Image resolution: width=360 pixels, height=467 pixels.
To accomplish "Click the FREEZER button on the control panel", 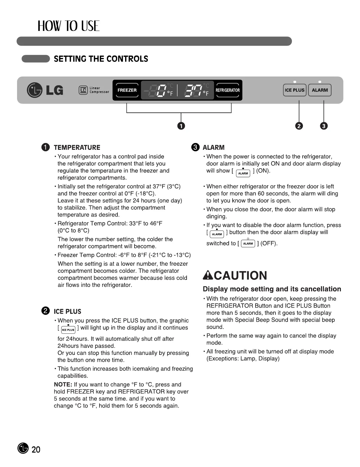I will pos(127,90).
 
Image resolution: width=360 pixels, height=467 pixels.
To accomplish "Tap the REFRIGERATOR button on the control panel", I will pos(228,90).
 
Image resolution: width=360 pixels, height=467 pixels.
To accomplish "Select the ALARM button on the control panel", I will pos(320,90).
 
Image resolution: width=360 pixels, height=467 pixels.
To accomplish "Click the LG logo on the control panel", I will pos(45,90).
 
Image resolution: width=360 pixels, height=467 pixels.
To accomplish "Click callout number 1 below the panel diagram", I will pos(181,126).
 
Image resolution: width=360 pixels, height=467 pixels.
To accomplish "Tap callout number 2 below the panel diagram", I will pos(299,126).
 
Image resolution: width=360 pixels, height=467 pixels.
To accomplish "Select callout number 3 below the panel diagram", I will pos(323,126).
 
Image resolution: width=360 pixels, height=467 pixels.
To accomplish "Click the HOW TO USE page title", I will pos(69,26).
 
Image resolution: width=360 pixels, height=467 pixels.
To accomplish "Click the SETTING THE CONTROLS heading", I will pos(101,59).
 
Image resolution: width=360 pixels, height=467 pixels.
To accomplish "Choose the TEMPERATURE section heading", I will pos(77,147).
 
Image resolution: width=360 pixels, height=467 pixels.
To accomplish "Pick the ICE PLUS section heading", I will pos(67,311).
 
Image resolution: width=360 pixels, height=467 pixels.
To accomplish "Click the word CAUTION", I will pos(240,275).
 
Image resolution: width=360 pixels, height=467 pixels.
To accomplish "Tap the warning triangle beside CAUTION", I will pos(208,275).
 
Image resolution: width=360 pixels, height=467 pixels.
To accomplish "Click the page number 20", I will pos(36,449).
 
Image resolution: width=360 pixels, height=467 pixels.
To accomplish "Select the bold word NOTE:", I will pos(63,385).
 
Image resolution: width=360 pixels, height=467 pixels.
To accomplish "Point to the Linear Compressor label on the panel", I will pos(94,90).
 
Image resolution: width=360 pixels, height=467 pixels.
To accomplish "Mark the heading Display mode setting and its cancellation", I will pos(272,289).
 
